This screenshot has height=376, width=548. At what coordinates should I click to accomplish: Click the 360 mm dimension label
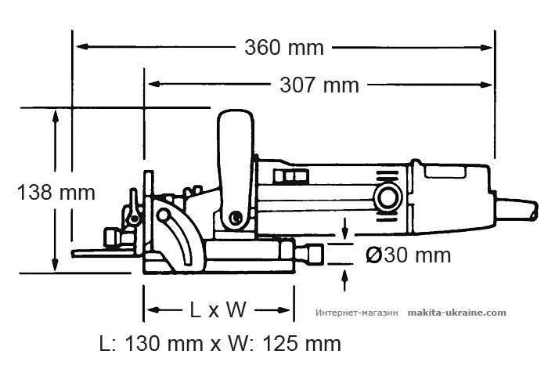[x=283, y=48]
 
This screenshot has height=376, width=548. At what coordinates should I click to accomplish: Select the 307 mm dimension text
[x=319, y=85]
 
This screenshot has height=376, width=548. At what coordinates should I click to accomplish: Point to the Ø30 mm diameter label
[x=409, y=255]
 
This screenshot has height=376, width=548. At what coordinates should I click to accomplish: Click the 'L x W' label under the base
[x=218, y=310]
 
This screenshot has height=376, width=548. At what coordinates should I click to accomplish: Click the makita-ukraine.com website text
[x=457, y=312]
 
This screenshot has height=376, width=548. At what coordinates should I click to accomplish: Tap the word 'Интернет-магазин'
[x=357, y=313]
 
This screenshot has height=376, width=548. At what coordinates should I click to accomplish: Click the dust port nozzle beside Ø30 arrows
[x=314, y=254]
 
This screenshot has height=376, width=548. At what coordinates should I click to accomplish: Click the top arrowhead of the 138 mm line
[x=54, y=115]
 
